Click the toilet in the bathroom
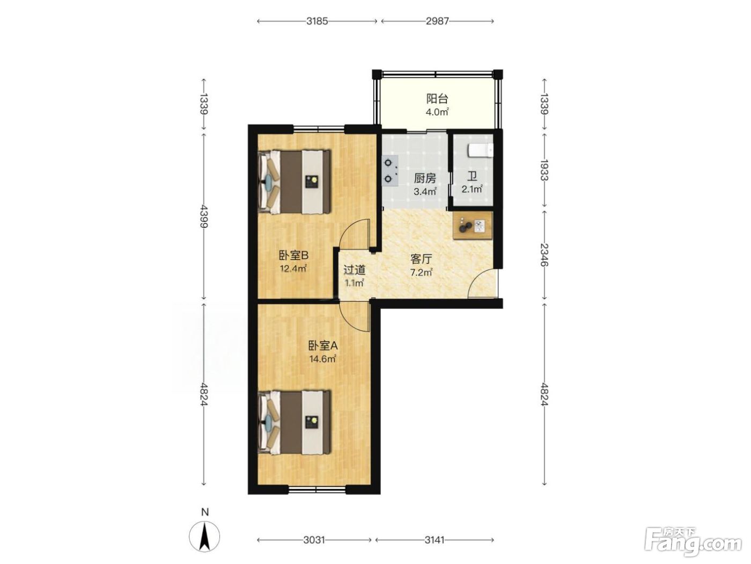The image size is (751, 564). point(480,150)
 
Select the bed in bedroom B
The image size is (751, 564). point(294,182)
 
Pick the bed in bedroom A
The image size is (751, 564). point(294,423)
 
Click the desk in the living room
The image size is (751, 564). point(473,225)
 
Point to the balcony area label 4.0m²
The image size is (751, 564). point(437,112)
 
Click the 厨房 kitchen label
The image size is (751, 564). point(425,178)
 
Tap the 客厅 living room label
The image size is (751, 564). point(421,259)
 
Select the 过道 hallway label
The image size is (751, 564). point(354,270)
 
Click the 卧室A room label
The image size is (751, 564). point(323,346)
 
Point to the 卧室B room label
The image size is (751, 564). point(294,255)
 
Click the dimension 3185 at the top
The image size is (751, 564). point(317,21)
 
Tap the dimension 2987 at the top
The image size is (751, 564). point(437,21)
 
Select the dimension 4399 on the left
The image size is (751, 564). point(204,216)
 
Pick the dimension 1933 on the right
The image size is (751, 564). point(544,170)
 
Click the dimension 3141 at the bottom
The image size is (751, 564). point(435,540)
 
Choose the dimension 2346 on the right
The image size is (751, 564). point(544,255)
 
